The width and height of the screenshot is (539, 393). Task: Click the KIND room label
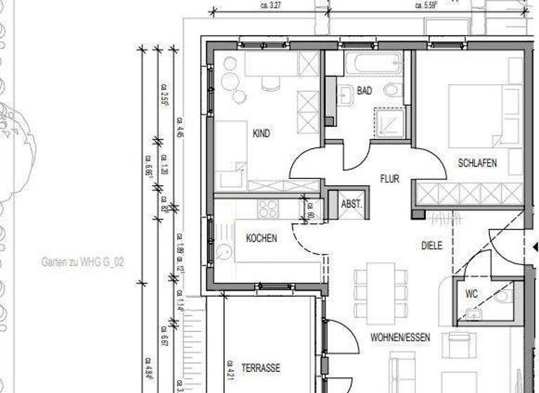262,133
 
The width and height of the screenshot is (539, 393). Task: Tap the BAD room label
364,91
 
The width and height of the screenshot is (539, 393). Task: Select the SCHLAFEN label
477,163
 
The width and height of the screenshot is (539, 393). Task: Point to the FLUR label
390,179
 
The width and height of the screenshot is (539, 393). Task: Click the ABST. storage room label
351,204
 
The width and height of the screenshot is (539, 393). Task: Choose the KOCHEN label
261,238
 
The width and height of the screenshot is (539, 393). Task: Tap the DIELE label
432,246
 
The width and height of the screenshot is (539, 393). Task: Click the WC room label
472,294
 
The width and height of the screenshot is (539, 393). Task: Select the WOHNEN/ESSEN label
400,338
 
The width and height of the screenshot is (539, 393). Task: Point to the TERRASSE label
261,368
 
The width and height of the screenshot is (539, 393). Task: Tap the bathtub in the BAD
373,65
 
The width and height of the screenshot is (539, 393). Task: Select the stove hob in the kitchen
268,208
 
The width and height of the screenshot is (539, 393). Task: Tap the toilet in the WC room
503,297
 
